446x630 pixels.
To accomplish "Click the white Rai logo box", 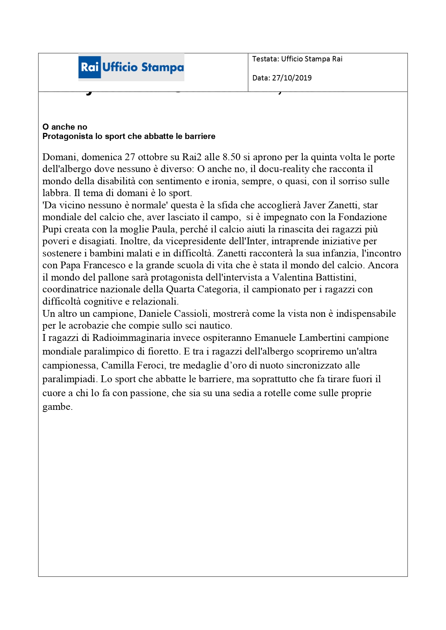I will (x=90, y=67).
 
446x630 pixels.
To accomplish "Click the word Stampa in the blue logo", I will (x=162, y=67).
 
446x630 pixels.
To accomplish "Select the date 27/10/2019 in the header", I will (x=292, y=78).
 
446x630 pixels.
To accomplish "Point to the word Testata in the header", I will (x=265, y=59).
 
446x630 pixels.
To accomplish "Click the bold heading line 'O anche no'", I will (x=65, y=127).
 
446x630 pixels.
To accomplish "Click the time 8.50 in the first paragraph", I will (x=231, y=157).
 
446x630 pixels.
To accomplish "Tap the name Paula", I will (x=164, y=229).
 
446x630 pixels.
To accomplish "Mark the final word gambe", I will (x=57, y=407).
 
